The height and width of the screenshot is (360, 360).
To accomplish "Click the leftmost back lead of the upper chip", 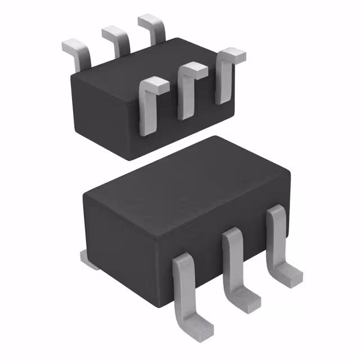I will [79, 51].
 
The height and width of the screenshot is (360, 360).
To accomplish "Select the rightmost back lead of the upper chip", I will [154, 26].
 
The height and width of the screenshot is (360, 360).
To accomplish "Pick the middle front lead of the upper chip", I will [186, 93].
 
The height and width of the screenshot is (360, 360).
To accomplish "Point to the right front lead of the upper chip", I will [224, 79].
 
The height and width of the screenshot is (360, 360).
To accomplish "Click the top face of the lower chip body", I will [186, 174].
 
